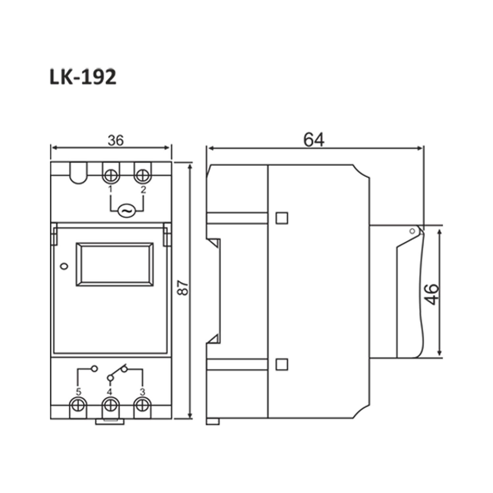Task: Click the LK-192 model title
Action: click(83, 77)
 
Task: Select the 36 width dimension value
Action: click(115, 140)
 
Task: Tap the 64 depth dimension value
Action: click(314, 140)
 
